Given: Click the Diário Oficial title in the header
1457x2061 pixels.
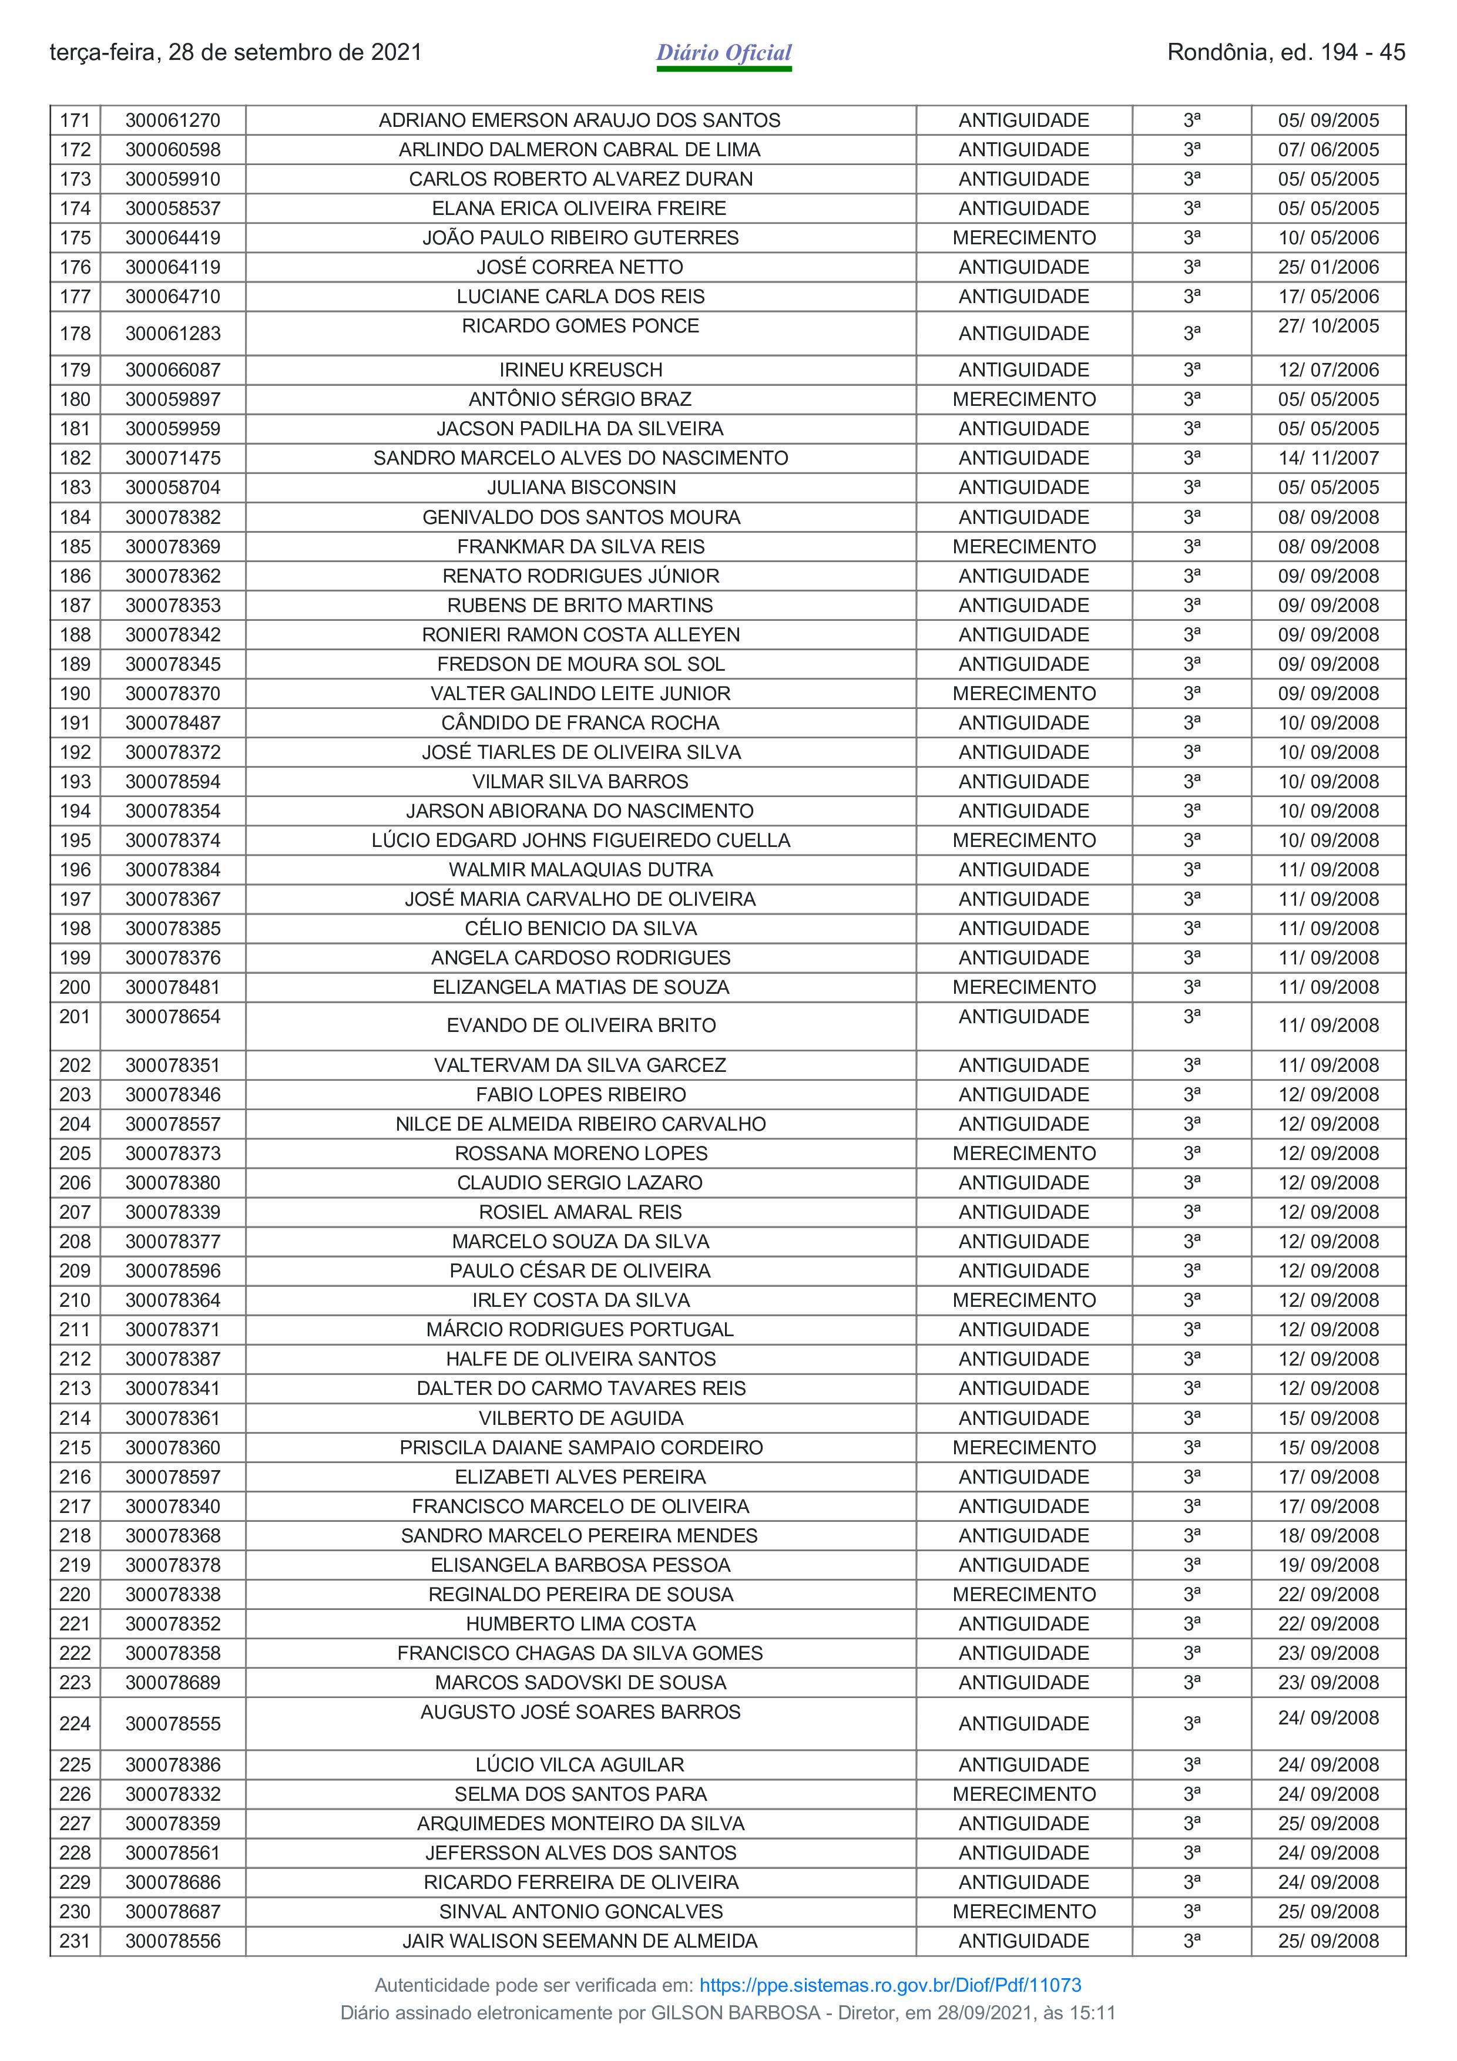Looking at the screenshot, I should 724,53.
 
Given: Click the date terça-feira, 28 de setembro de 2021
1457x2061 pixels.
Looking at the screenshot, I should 235,53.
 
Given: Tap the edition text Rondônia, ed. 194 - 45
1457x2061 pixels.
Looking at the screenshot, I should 1285,53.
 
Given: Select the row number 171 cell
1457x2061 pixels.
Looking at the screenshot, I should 75,120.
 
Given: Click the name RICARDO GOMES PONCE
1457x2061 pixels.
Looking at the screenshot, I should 580,326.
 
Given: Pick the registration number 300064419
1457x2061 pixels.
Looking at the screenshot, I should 172,238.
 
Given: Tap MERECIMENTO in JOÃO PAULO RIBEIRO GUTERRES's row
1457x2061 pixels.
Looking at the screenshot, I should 1023,238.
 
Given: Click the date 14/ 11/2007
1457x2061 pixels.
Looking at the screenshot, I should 1328,458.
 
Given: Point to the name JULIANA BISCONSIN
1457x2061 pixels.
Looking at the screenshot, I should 581,487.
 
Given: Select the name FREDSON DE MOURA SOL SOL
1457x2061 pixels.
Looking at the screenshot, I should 581,664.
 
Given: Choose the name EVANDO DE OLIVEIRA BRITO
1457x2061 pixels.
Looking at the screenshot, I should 581,1025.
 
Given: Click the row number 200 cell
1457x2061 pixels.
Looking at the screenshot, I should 75,987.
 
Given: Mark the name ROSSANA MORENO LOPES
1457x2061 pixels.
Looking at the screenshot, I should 581,1154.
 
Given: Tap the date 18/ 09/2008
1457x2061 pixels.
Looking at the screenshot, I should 1328,1536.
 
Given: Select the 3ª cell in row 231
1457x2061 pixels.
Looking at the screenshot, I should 1191,1941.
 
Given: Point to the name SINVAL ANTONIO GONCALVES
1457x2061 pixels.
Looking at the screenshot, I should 581,1911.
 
